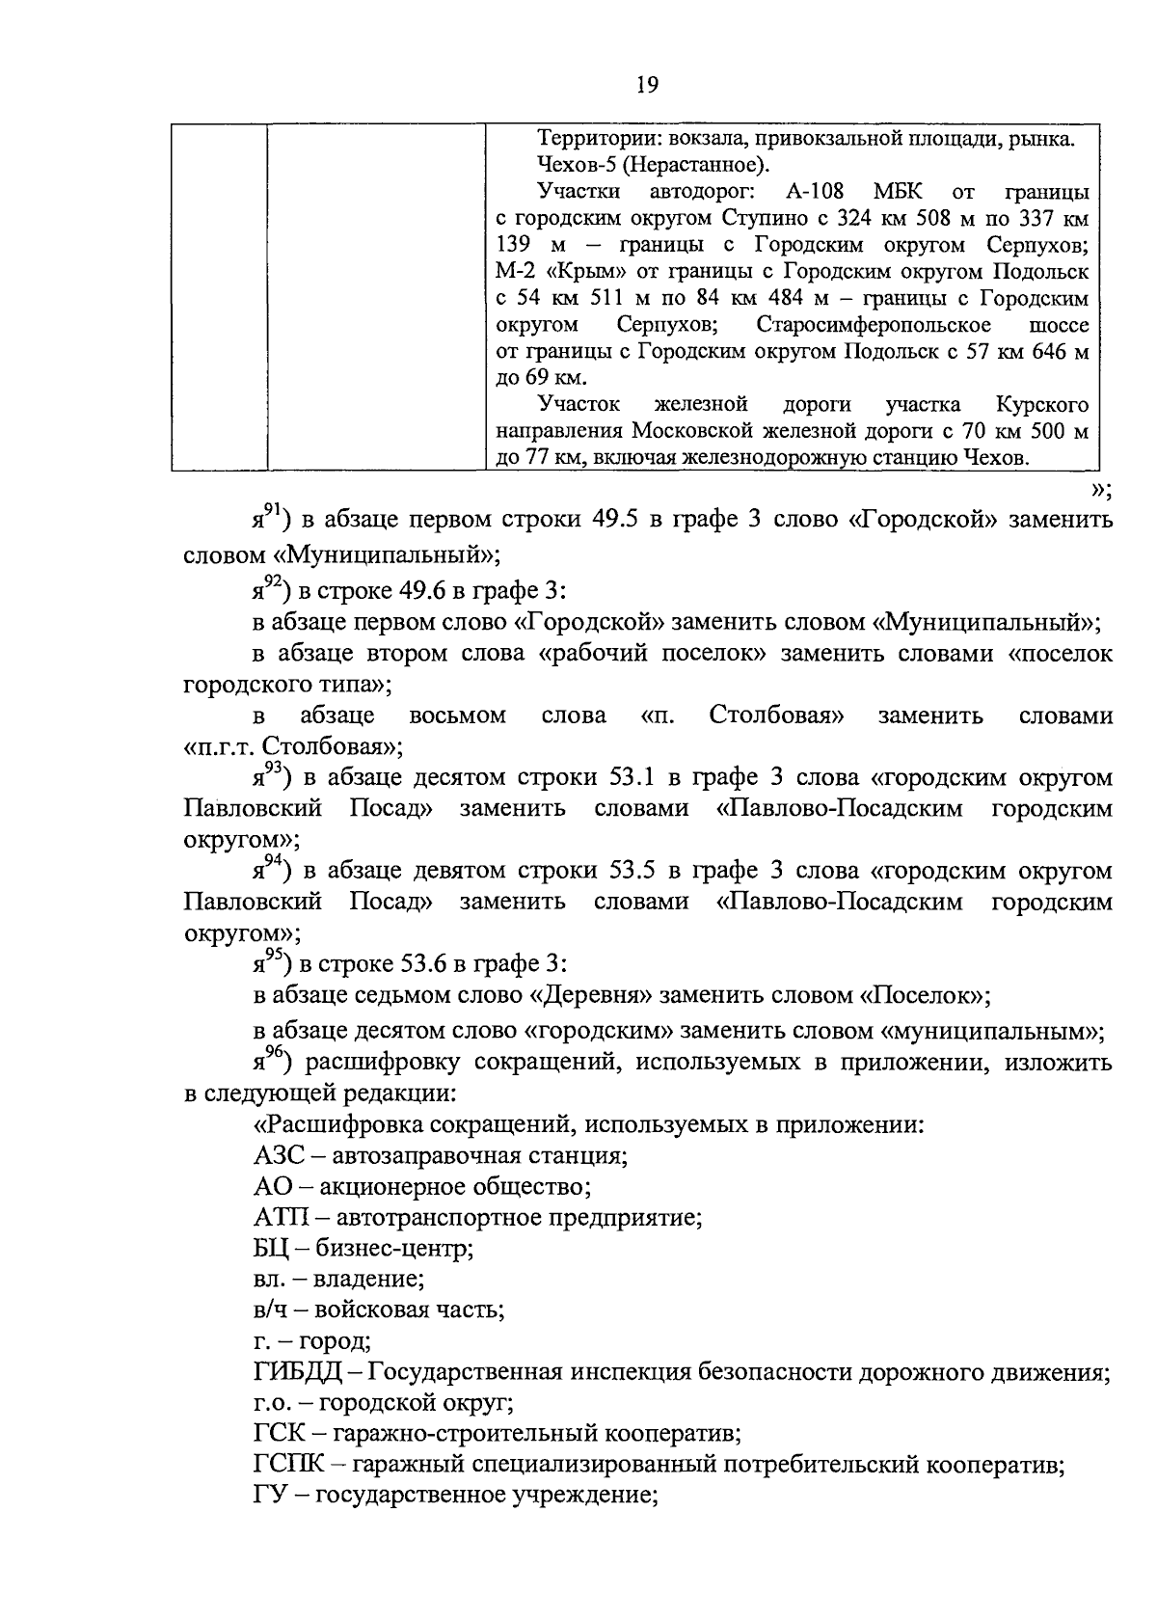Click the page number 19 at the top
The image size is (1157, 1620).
pos(647,86)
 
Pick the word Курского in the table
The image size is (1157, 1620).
pos(1042,403)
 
